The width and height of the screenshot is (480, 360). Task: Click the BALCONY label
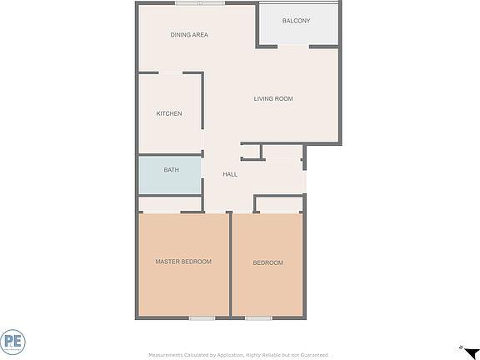[x=296, y=21]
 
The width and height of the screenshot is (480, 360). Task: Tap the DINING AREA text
[x=189, y=35]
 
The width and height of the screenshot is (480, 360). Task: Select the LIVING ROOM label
[x=273, y=99]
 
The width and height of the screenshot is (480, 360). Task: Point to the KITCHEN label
[x=169, y=114]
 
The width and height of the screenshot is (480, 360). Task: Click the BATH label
[x=171, y=170]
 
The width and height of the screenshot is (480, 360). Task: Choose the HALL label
[x=230, y=174]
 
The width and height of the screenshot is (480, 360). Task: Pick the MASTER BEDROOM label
[x=183, y=262]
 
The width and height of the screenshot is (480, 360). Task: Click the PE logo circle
[x=11, y=342]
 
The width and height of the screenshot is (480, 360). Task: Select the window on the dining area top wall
[x=200, y=3]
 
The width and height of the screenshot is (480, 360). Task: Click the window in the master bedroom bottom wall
[x=202, y=317]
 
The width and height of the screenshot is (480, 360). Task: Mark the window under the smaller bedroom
[x=258, y=317]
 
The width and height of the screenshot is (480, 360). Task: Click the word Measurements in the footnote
[x=165, y=355]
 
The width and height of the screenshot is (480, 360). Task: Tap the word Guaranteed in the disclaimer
[x=312, y=355]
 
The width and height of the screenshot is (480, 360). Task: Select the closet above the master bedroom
[x=170, y=204]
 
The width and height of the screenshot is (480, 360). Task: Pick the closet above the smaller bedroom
[x=278, y=204]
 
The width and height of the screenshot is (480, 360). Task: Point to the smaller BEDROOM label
[x=268, y=263]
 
